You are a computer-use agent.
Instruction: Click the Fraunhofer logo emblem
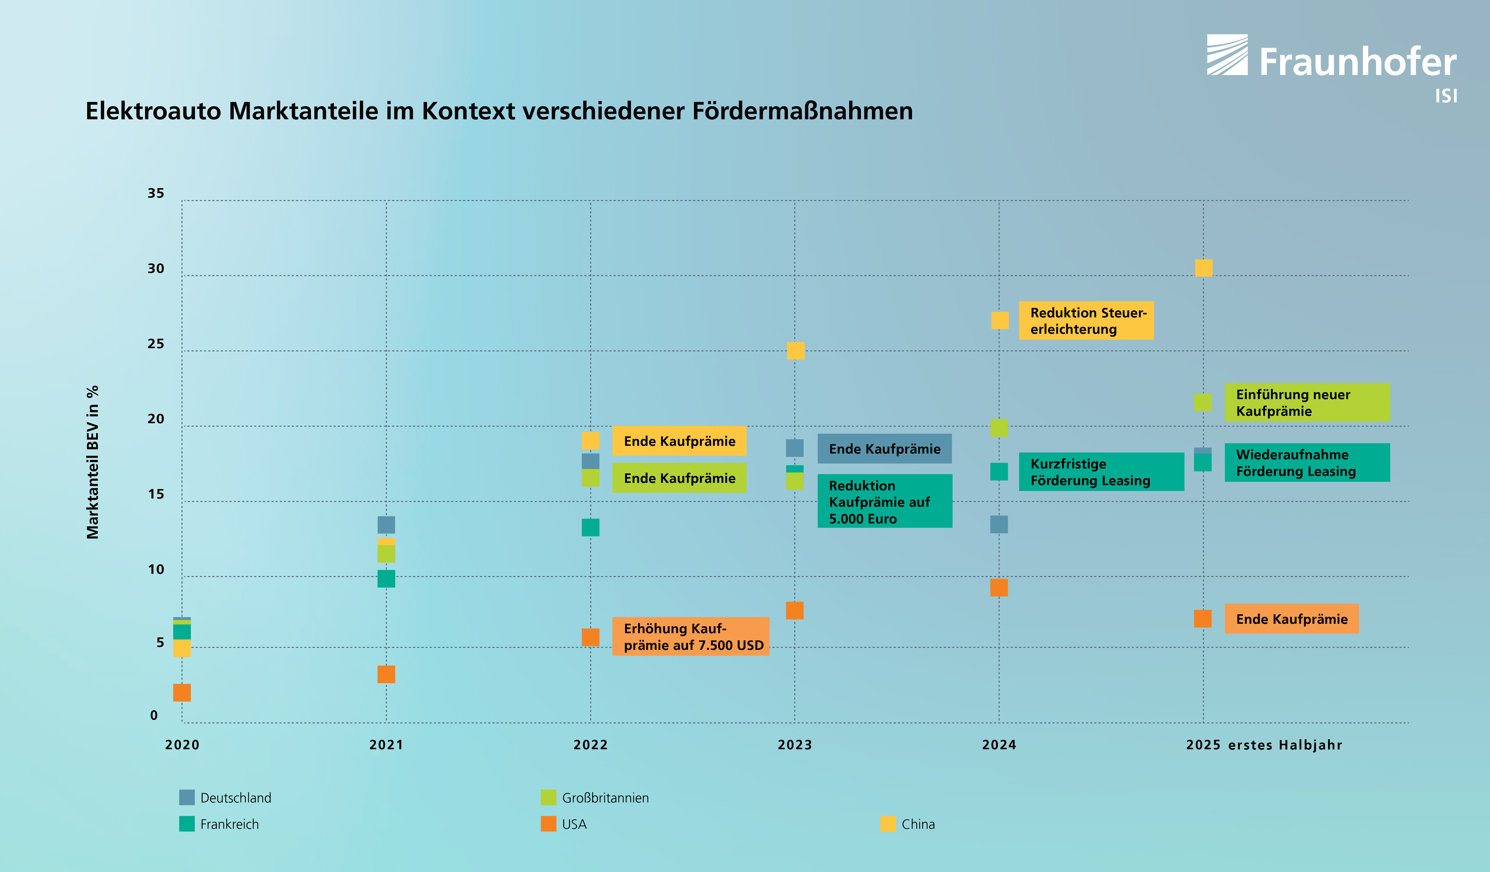click(x=1227, y=54)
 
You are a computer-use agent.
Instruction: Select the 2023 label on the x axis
click(x=795, y=745)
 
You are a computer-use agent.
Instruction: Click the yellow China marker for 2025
click(x=1203, y=268)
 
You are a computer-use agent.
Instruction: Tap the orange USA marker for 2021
click(x=386, y=674)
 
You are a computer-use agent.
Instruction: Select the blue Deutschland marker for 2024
click(x=999, y=524)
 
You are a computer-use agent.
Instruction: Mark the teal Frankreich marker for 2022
click(x=590, y=527)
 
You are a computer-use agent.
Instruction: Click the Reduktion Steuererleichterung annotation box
click(x=1086, y=321)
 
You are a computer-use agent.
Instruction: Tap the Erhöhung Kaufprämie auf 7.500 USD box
click(x=690, y=637)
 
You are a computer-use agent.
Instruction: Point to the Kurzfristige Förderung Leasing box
click(x=1101, y=471)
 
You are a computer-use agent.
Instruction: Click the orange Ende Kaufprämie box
click(x=1291, y=619)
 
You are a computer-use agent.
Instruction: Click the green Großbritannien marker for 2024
click(x=999, y=428)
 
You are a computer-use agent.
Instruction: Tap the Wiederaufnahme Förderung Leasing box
click(x=1307, y=463)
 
